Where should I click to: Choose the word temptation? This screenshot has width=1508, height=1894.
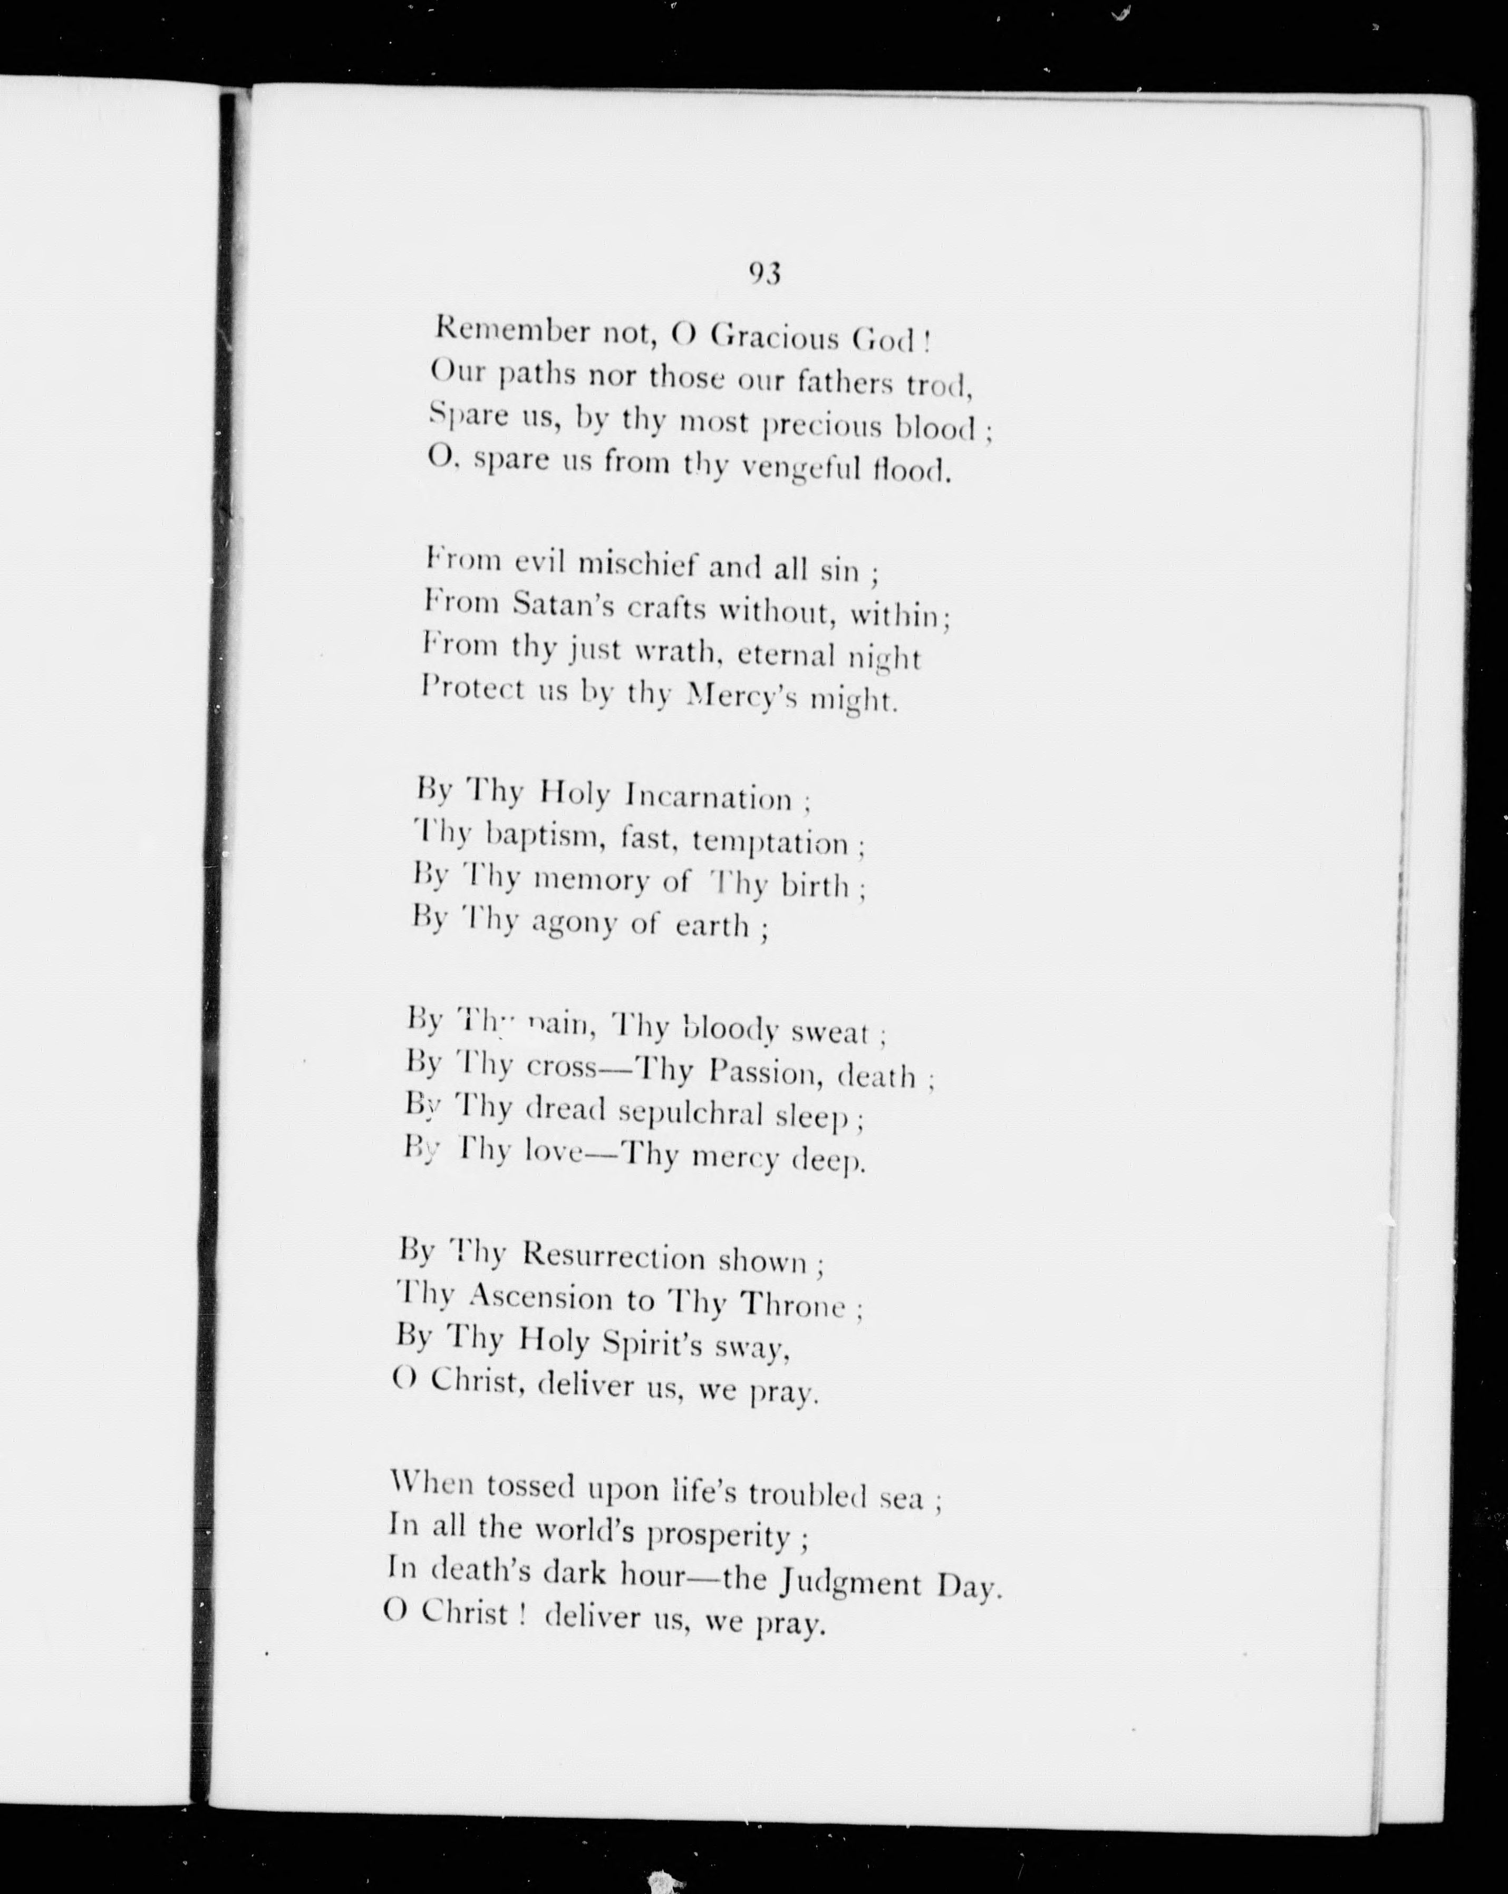click(770, 842)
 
